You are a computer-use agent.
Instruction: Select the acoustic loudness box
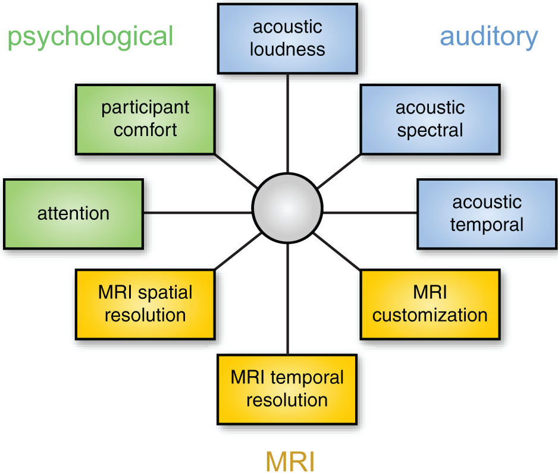287,38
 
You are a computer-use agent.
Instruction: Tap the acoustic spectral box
430,119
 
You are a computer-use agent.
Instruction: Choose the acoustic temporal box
487,213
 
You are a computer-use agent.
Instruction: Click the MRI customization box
430,304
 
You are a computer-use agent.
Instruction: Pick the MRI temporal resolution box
287,389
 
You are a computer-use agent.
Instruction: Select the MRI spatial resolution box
145,304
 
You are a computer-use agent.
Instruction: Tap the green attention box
73,213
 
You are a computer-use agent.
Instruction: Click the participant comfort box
145,119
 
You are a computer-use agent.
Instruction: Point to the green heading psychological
90,36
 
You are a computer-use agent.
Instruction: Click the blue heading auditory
488,36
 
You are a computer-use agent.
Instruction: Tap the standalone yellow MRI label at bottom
290,461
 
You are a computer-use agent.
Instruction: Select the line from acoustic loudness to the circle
288,122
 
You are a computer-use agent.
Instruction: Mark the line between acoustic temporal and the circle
369,213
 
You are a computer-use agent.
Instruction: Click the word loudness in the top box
287,49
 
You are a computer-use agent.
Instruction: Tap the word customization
430,315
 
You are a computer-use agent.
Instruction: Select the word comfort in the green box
145,130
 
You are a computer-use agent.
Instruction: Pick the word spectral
430,130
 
